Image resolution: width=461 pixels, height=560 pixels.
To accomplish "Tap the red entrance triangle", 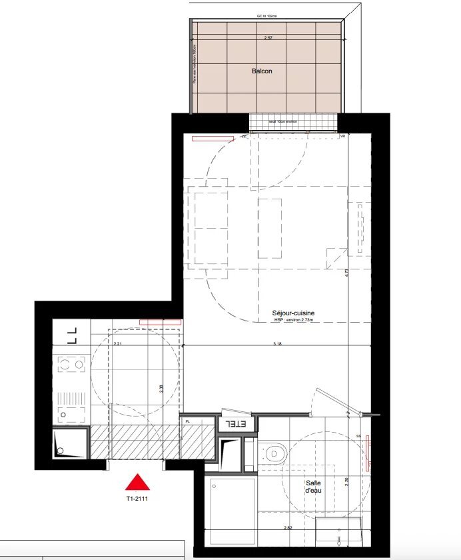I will [x=137, y=482].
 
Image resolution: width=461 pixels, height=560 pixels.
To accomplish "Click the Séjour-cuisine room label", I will [x=293, y=313].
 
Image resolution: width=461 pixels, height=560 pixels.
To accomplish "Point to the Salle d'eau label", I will [x=314, y=487].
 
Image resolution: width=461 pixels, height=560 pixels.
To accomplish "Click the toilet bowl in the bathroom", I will [x=274, y=453].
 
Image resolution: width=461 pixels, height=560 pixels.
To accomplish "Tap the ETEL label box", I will [x=234, y=423].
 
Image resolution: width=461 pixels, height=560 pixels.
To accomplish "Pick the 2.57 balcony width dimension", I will [x=268, y=39].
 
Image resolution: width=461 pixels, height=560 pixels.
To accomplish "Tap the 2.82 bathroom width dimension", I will [x=287, y=527].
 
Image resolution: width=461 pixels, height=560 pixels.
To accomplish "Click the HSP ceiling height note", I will [x=293, y=321].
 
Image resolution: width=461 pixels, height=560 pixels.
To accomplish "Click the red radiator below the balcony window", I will [x=213, y=139].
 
